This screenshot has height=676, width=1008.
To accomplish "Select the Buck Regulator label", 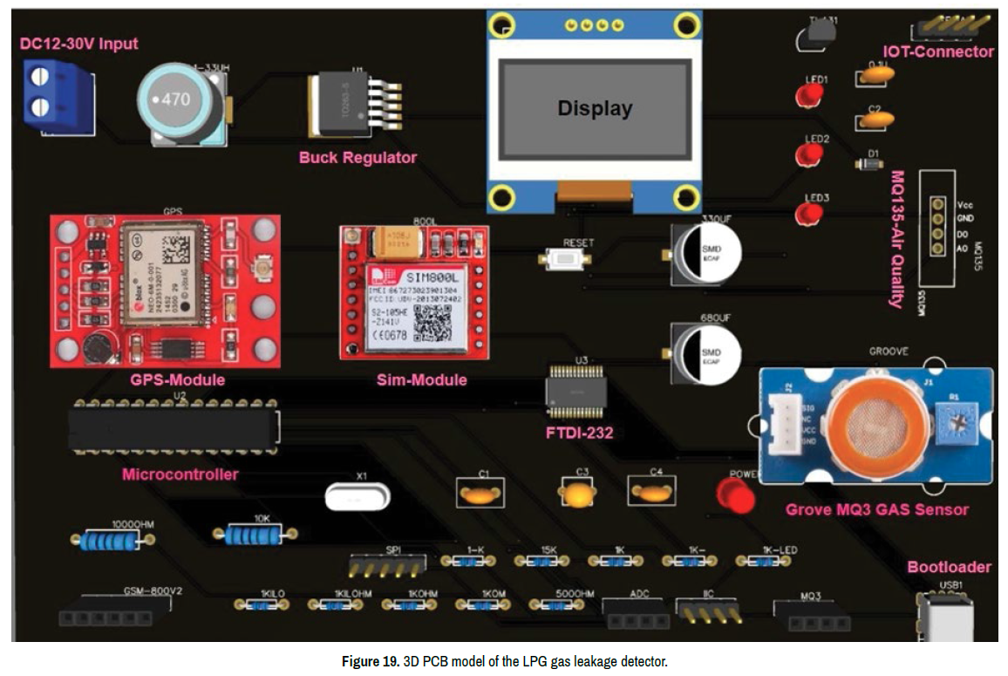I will pyautogui.click(x=358, y=158).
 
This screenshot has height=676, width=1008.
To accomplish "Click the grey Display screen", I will pyautogui.click(x=594, y=109).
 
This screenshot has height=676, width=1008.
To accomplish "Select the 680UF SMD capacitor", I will pyautogui.click(x=707, y=352).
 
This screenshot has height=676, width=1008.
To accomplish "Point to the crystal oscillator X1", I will pyautogui.click(x=355, y=497).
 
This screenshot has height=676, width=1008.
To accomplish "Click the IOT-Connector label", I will pyautogui.click(x=937, y=52).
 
